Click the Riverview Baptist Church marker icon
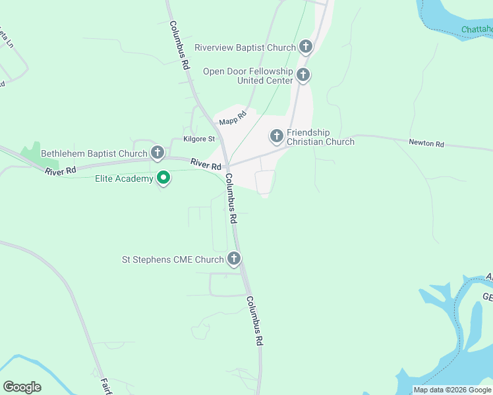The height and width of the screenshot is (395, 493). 305,47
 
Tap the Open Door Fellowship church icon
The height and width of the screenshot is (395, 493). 303,75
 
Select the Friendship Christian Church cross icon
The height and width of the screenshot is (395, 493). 277,136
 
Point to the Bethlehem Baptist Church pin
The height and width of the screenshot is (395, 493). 157,153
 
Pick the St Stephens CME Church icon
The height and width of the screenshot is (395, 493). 234,259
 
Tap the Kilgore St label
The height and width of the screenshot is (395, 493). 198,139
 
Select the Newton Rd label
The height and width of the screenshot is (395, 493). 426,142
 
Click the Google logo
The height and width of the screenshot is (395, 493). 22,387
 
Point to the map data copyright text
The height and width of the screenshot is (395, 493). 452,390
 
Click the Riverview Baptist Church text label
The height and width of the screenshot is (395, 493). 245,47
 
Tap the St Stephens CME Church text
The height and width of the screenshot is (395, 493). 173,259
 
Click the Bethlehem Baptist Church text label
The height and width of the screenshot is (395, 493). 94,154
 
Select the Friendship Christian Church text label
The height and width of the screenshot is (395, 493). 320,137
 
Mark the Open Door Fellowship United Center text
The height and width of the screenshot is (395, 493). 248,76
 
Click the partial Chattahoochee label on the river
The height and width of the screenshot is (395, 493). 477,30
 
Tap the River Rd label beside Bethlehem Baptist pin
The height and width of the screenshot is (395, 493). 206,164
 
